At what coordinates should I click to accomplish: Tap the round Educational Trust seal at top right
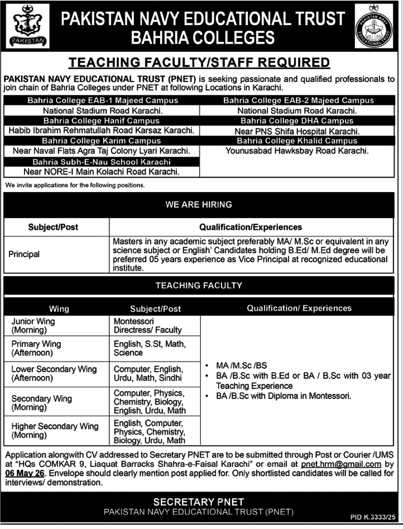coord(375,26)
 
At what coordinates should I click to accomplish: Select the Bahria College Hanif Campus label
coord(102,121)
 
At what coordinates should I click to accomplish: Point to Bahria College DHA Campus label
coord(298,121)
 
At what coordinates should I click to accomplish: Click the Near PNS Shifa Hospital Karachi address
coord(298,131)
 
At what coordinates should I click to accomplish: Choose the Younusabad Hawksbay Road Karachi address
coord(298,151)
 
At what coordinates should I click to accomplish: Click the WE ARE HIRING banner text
coord(199,205)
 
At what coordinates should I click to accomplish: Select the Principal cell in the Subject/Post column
coord(24,254)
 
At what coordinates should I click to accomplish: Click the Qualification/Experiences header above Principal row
coord(251,227)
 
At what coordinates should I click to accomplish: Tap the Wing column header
coord(59,308)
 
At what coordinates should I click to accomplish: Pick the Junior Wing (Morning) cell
coord(33,326)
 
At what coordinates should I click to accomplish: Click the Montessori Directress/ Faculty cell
coord(148,326)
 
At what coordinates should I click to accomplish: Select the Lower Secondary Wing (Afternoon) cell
coord(54,374)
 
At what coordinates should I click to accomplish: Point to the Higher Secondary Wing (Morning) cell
coord(55,430)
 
